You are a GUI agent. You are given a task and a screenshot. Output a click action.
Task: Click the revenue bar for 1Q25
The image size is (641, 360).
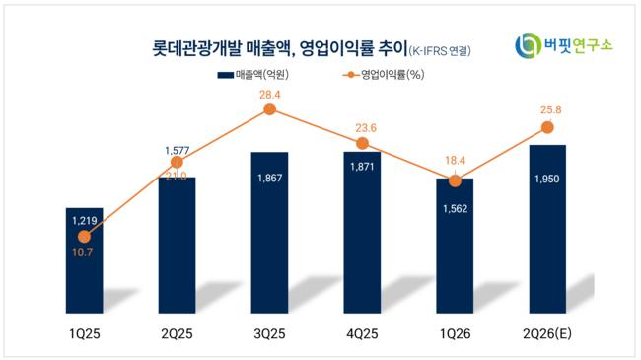(x=84, y=260)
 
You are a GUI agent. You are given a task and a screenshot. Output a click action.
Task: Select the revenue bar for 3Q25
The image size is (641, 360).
(x=269, y=233)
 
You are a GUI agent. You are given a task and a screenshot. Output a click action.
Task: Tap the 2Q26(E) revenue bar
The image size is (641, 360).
(x=547, y=229)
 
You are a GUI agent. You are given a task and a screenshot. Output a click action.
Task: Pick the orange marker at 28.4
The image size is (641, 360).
(x=269, y=108)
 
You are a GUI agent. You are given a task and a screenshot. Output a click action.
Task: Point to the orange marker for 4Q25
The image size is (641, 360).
(x=362, y=143)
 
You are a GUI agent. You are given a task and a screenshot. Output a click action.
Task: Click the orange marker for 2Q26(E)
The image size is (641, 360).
(x=547, y=127)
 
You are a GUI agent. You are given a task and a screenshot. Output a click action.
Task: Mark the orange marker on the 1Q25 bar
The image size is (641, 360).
(x=84, y=236)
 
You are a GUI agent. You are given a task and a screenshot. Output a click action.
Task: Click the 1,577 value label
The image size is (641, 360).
(x=177, y=151)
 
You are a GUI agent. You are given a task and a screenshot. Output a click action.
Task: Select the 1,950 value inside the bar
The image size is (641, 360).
(x=547, y=179)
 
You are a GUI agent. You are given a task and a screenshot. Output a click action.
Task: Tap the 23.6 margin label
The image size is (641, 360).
(x=366, y=128)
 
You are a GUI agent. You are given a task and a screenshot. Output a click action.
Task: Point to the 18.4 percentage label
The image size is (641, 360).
(x=455, y=161)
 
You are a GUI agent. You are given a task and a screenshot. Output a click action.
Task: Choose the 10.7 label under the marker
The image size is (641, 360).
(x=82, y=252)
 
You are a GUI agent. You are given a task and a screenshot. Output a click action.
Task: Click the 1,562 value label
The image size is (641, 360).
(x=455, y=209)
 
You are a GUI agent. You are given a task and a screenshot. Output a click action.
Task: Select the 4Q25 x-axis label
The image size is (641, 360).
(x=362, y=333)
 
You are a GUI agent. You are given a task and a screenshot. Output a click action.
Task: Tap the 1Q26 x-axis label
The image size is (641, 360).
(x=455, y=333)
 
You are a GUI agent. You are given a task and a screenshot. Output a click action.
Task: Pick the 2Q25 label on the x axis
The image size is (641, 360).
(x=177, y=333)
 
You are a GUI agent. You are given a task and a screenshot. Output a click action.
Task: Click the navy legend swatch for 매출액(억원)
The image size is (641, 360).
(x=225, y=75)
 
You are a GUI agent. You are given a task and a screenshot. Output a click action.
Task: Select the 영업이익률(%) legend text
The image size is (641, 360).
(x=392, y=75)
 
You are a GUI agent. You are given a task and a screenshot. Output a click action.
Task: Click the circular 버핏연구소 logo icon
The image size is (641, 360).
(x=528, y=45)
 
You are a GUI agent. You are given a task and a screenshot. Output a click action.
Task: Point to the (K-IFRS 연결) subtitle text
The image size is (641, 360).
(x=440, y=51)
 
